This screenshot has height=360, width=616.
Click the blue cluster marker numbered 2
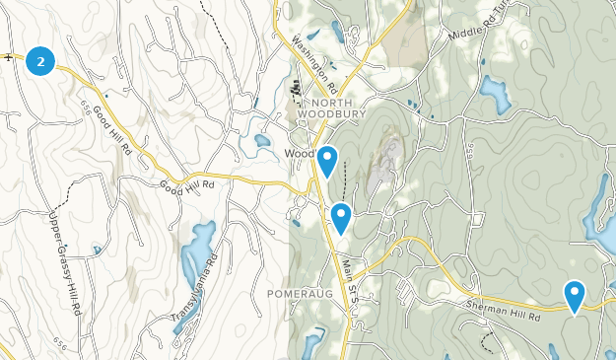[x=39, y=61]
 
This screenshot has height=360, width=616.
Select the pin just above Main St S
[x=341, y=215]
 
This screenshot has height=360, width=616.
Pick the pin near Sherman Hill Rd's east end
[x=574, y=293]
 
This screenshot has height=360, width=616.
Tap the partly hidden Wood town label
[x=299, y=155]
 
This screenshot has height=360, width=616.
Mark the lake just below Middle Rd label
[x=495, y=94]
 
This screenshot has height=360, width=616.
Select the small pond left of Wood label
[x=262, y=141]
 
